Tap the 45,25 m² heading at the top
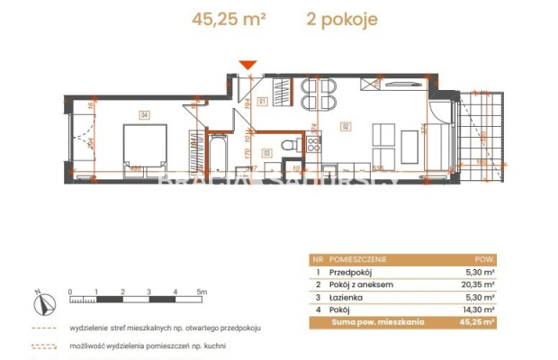229,19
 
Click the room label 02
345,127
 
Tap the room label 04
143,113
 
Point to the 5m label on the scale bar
203,292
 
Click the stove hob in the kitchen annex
314,147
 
